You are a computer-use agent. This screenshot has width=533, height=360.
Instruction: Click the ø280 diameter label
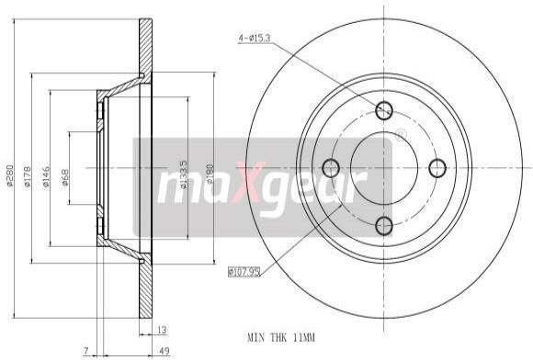pos(9,175)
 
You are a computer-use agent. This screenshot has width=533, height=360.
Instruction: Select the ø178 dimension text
pos(28,176)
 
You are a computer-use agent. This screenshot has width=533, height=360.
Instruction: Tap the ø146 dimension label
pos(46,176)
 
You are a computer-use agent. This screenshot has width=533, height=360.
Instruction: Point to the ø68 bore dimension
pos(64,177)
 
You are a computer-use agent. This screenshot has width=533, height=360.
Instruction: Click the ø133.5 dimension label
pos(183,174)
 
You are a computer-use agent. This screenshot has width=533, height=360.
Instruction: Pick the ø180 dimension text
pos(210,174)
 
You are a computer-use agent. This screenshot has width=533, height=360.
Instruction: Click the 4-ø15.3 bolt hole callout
pos(255,39)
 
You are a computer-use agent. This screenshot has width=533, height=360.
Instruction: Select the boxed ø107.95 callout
pos(244,272)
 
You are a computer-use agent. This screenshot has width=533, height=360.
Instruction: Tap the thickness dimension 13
pos(162,330)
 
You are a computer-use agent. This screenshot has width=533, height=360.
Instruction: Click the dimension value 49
pos(164,351)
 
